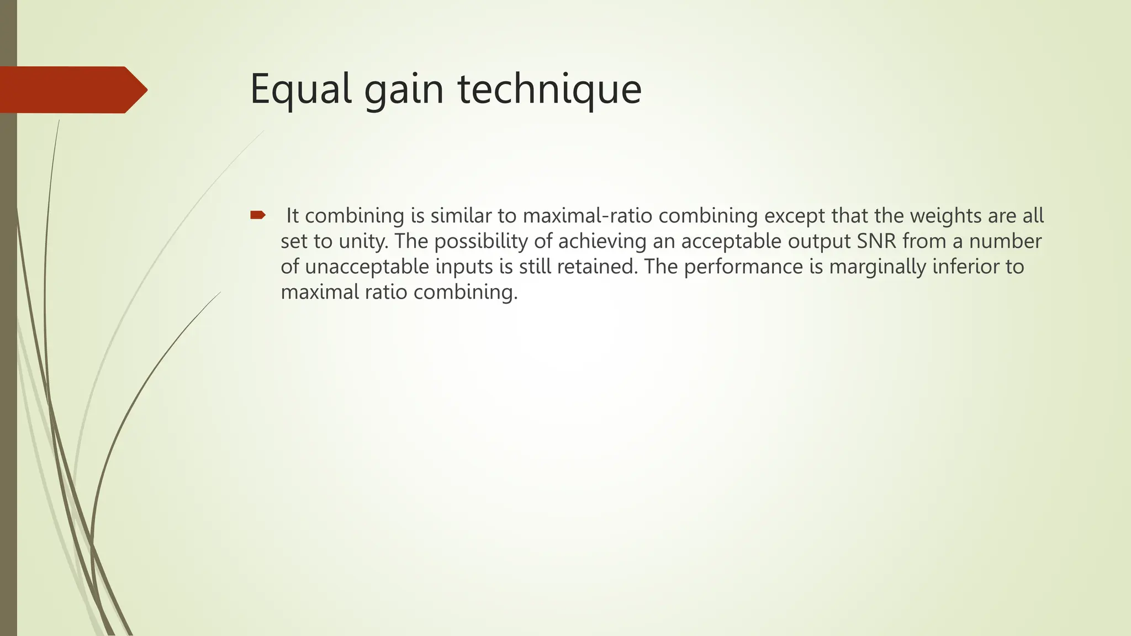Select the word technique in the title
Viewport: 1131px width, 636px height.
(550, 89)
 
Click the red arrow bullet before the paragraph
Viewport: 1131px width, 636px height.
(258, 215)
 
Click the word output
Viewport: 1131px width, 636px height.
(820, 241)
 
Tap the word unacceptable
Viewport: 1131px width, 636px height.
(367, 267)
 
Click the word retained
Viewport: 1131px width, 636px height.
(597, 267)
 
